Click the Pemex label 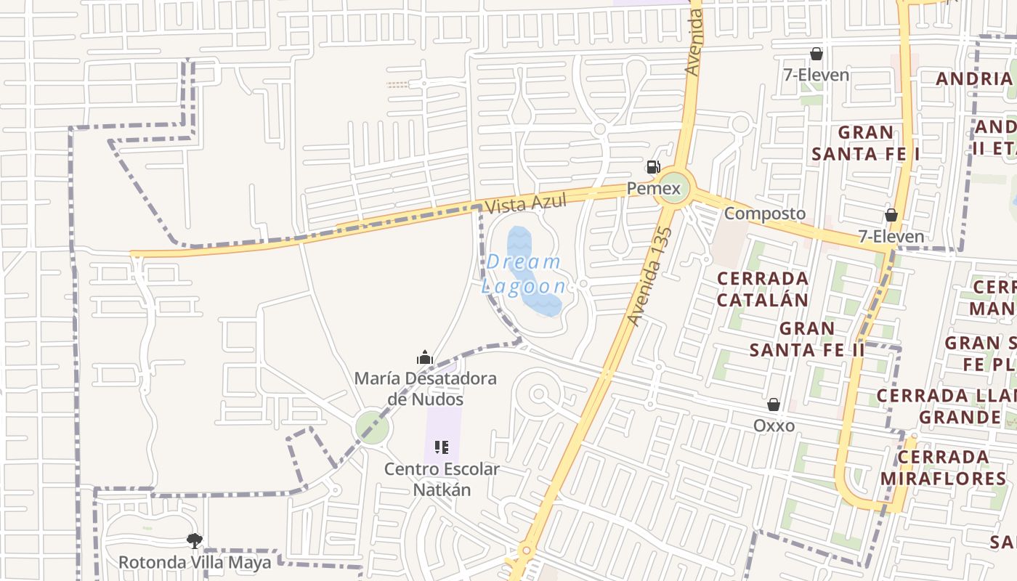click(x=654, y=190)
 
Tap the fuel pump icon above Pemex click(x=653, y=168)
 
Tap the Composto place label click(x=765, y=214)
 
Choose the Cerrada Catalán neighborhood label click(x=763, y=289)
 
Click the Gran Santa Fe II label click(x=807, y=339)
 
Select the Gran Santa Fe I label click(x=866, y=143)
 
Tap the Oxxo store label click(x=774, y=426)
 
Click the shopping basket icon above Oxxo click(x=774, y=405)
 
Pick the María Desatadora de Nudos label click(x=426, y=389)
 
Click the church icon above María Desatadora click(x=425, y=357)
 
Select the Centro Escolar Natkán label click(x=442, y=479)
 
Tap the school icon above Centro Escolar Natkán click(x=441, y=447)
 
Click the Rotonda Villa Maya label click(x=195, y=562)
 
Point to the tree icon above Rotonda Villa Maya click(x=194, y=540)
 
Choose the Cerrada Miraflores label click(x=943, y=468)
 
